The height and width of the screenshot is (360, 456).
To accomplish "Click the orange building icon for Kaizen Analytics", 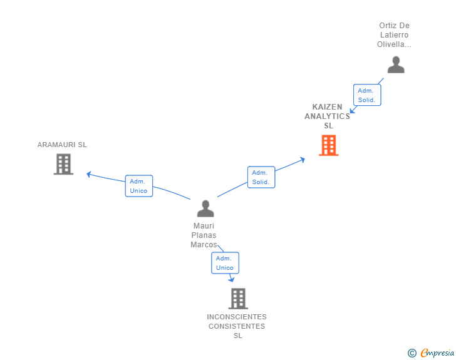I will (328, 145).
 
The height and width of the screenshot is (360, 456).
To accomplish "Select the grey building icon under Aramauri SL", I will (63, 164).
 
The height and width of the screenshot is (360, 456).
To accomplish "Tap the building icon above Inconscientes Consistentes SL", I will (238, 299).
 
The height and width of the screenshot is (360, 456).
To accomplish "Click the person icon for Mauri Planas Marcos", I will (205, 208).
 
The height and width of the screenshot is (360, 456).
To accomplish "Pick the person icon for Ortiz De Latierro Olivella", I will (395, 64).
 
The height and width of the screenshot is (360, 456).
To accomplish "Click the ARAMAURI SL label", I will (62, 145).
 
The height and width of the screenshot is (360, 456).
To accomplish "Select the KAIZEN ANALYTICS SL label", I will (328, 116).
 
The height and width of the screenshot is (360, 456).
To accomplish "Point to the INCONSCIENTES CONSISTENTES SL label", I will (237, 326).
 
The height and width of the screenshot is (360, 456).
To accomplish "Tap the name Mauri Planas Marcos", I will (204, 235).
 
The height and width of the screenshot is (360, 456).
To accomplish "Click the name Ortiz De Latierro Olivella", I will (394, 35).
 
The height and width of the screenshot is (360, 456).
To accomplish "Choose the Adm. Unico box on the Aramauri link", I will (138, 186).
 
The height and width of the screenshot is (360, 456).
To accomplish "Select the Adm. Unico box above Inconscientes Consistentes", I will (224, 263).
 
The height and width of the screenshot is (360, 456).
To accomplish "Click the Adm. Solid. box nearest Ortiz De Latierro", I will (366, 95).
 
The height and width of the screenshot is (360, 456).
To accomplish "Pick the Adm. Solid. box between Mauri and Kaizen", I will (260, 177).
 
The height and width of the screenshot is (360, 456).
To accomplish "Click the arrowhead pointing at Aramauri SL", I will (89, 174).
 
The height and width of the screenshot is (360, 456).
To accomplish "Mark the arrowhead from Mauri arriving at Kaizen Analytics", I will (303, 159).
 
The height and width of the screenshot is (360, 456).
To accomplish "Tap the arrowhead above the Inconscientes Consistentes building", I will (232, 279).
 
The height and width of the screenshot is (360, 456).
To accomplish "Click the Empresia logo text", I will (437, 353).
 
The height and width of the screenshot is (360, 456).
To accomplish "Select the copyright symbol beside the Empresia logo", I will (412, 353).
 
